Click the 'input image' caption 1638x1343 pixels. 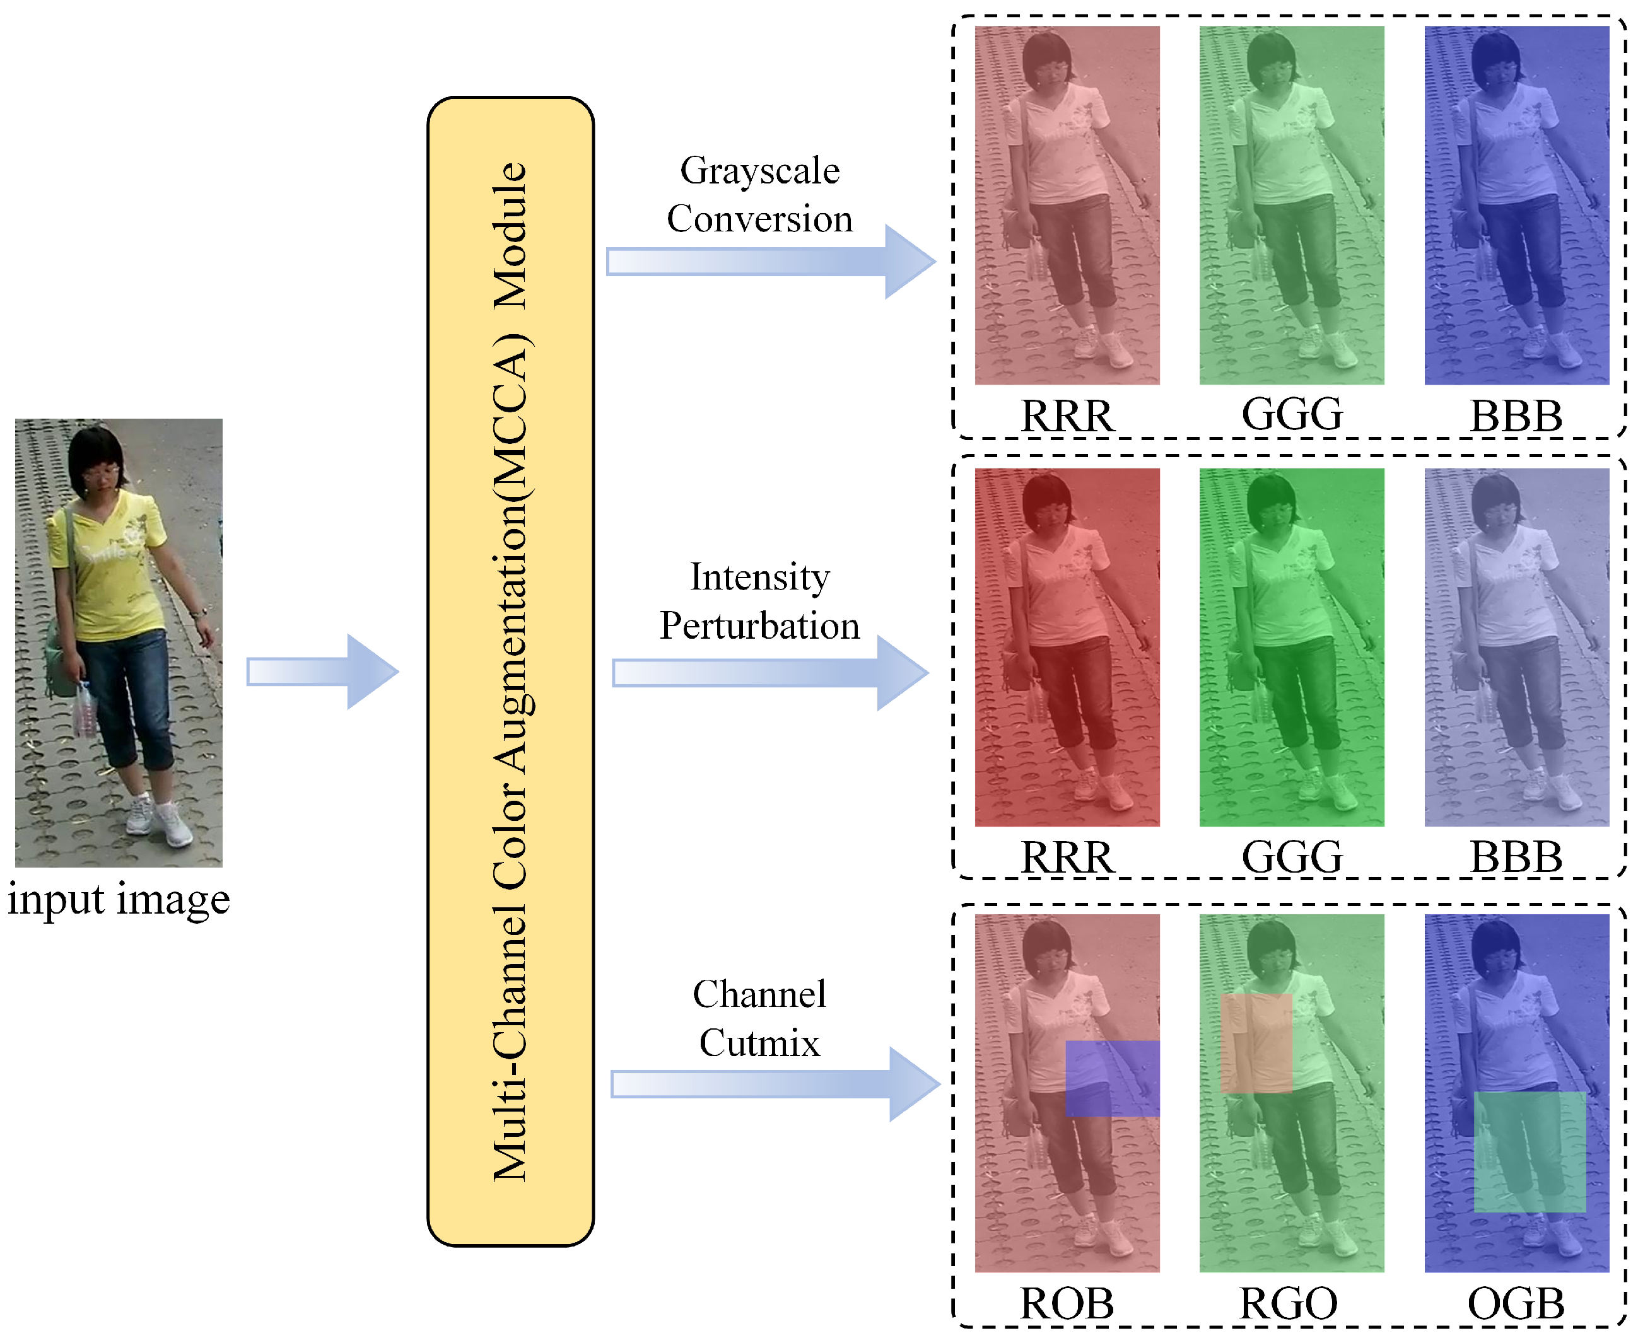click(x=119, y=900)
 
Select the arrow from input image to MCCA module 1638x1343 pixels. click(x=321, y=671)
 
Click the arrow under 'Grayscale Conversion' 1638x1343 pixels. click(x=770, y=262)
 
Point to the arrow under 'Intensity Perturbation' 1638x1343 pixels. click(x=770, y=673)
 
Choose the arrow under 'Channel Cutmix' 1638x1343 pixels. click(x=774, y=1084)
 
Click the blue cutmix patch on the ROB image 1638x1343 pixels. click(x=1112, y=1078)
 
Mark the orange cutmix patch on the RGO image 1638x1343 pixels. click(x=1256, y=1043)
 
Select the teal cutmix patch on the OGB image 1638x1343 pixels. click(x=1529, y=1151)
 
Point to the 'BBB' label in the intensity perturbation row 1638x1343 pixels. click(x=1516, y=857)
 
